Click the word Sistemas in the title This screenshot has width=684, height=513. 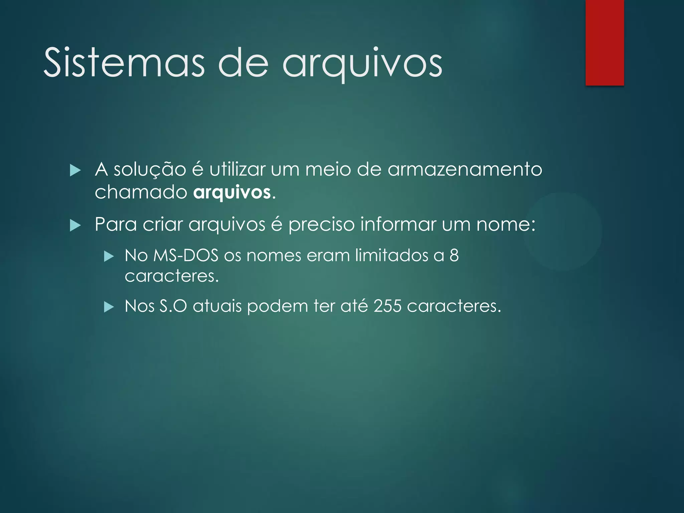pyautogui.click(x=124, y=63)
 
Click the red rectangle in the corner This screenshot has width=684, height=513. pyautogui.click(x=605, y=42)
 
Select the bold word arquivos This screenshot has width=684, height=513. pyautogui.click(x=232, y=193)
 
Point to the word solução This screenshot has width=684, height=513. pyautogui.click(x=150, y=170)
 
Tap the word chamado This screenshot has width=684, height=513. pyautogui.click(x=141, y=192)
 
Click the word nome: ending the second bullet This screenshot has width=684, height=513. pyautogui.click(x=505, y=224)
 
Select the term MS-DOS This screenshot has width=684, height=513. pyautogui.click(x=186, y=255)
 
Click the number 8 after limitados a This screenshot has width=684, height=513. pyautogui.click(x=454, y=255)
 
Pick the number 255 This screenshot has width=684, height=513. pyautogui.click(x=387, y=306)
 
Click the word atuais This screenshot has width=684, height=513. pyautogui.click(x=217, y=306)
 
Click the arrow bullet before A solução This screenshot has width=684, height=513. pyautogui.click(x=75, y=171)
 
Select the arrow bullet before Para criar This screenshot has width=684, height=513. pyautogui.click(x=75, y=226)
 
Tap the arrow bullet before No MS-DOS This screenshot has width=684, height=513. pyautogui.click(x=109, y=256)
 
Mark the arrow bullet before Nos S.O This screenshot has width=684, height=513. pyautogui.click(x=109, y=307)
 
